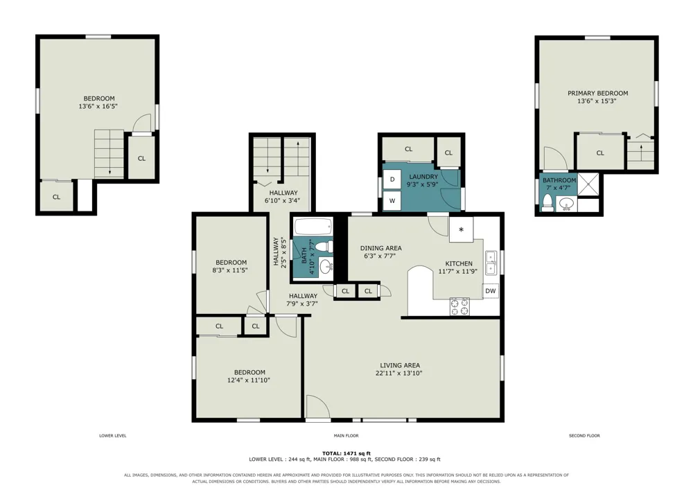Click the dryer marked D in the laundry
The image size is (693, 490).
click(x=392, y=180)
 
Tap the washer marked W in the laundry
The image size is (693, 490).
click(x=392, y=200)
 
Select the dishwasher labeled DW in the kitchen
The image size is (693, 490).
click(x=491, y=290)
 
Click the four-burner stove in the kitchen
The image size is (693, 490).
click(x=459, y=306)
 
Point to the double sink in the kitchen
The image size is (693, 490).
click(x=491, y=263)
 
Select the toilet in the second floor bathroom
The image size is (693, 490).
click(x=548, y=203)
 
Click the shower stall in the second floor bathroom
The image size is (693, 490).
click(x=588, y=184)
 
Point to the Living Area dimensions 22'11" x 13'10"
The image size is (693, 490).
click(x=399, y=374)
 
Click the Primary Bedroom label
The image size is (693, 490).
click(x=597, y=94)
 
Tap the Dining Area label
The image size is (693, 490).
click(x=381, y=248)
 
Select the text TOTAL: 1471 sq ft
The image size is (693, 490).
click(x=346, y=453)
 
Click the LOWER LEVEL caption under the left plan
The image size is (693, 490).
click(x=113, y=436)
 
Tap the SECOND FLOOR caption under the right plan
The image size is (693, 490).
click(x=584, y=436)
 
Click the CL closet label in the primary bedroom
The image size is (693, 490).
click(x=600, y=153)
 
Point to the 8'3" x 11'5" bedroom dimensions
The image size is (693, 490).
click(x=230, y=270)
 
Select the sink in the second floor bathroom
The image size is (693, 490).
click(x=567, y=204)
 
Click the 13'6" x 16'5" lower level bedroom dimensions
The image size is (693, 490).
click(x=98, y=107)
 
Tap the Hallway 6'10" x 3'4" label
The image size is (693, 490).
click(x=283, y=197)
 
